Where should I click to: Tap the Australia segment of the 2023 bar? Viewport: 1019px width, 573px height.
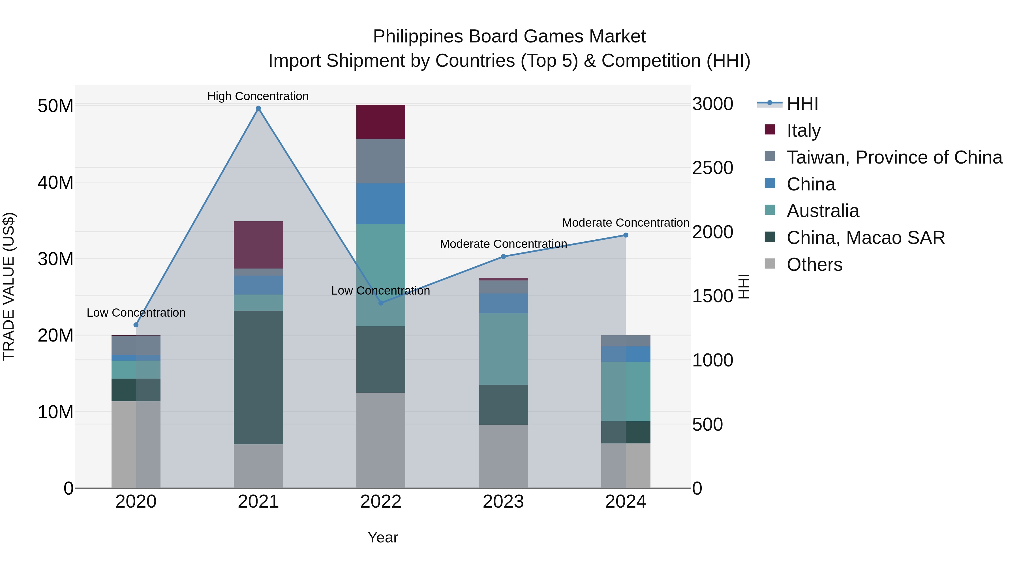click(503, 349)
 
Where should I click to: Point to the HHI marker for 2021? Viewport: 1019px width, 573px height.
click(258, 108)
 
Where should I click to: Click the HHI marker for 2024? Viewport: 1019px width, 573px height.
click(625, 235)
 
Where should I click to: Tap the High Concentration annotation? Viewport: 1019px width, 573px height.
click(258, 96)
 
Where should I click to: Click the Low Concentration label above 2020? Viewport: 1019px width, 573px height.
click(136, 313)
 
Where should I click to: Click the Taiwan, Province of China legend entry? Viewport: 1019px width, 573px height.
click(894, 157)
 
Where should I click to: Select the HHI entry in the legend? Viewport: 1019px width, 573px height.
click(802, 104)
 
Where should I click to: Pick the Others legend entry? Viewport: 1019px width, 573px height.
click(814, 265)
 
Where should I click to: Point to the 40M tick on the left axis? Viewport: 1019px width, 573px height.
click(55, 183)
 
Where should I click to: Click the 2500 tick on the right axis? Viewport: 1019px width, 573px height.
click(712, 168)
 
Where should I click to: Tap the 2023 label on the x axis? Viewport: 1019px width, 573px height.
click(503, 502)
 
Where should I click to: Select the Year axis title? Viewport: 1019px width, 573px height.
click(382, 537)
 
